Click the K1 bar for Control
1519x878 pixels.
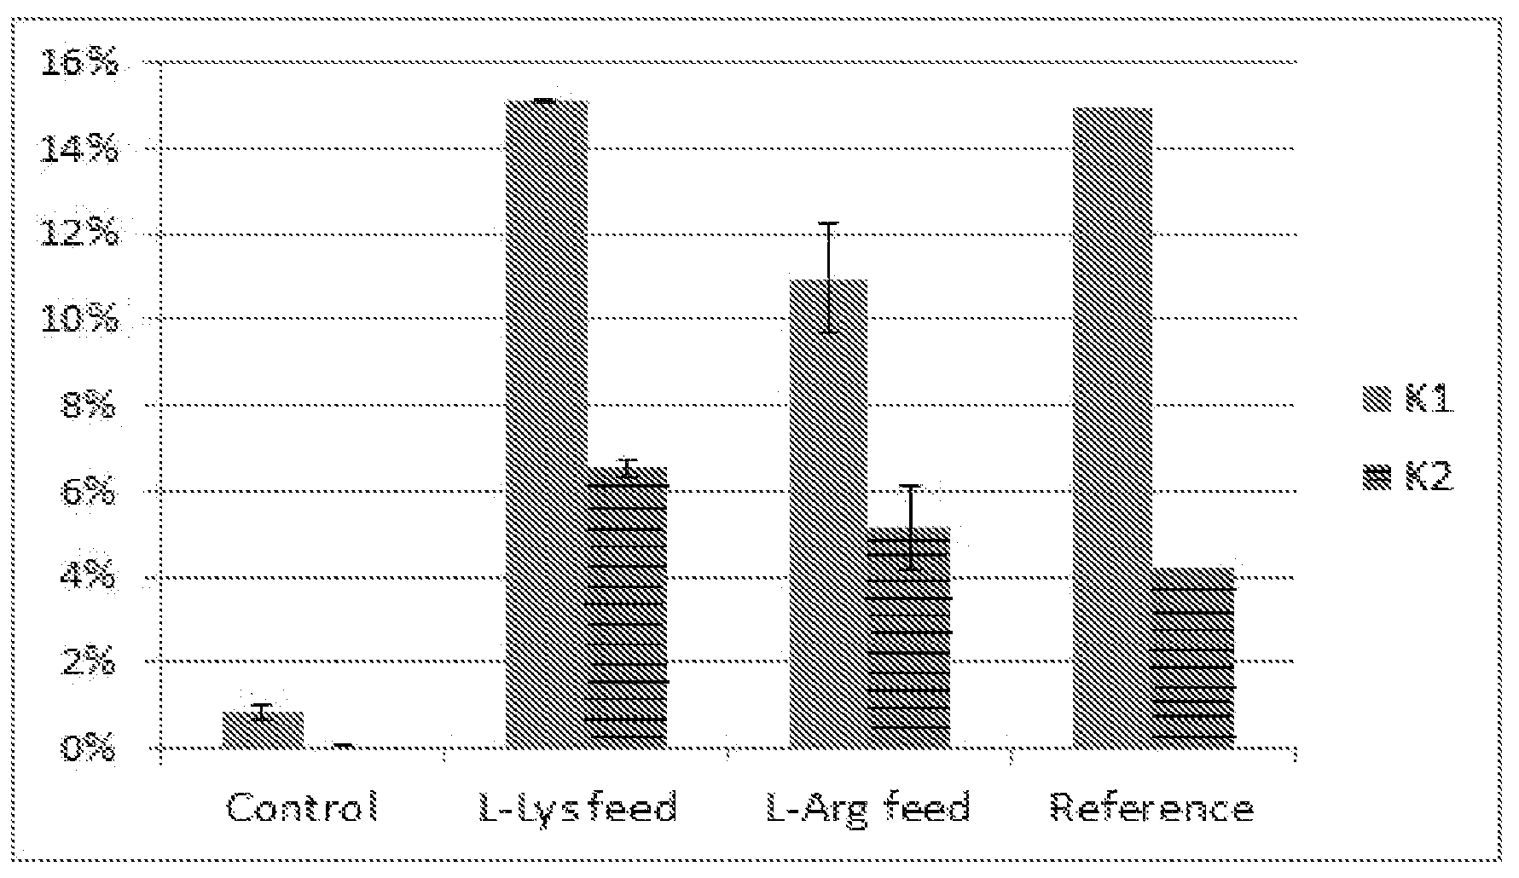pyautogui.click(x=263, y=731)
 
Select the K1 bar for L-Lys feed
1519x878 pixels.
pyautogui.click(x=547, y=425)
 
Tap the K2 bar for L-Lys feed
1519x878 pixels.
pyautogui.click(x=628, y=608)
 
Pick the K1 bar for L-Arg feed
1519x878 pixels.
pyautogui.click(x=828, y=514)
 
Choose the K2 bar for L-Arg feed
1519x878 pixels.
pyautogui.click(x=909, y=638)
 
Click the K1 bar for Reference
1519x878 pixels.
pyautogui.click(x=1112, y=429)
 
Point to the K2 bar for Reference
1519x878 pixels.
pyautogui.click(x=1193, y=658)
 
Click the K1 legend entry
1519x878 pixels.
pyautogui.click(x=1408, y=400)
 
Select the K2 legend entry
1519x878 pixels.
pyautogui.click(x=1408, y=477)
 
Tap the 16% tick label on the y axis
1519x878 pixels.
pyautogui.click(x=78, y=64)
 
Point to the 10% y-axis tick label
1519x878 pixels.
pyautogui.click(x=78, y=321)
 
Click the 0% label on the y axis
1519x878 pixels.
pyautogui.click(x=88, y=749)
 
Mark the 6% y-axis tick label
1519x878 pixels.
pyautogui.click(x=88, y=492)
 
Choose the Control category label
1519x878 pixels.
pyautogui.click(x=302, y=806)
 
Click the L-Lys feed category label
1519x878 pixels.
pyautogui.click(x=577, y=806)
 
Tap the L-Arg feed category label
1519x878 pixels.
pyautogui.click(x=868, y=806)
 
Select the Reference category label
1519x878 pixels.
pyautogui.click(x=1151, y=806)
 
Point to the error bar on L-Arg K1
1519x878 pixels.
pyautogui.click(x=828, y=277)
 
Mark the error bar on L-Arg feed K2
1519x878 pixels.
pyautogui.click(x=911, y=527)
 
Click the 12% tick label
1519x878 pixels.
pyautogui.click(x=78, y=234)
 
